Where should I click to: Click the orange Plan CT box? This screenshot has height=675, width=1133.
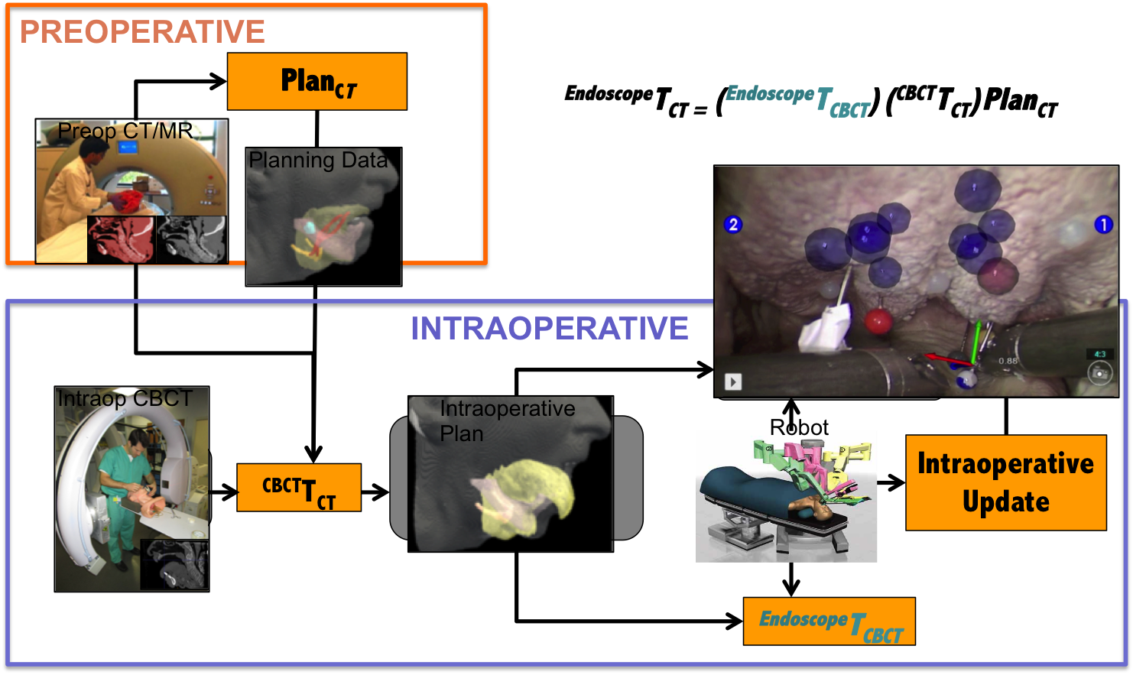317,81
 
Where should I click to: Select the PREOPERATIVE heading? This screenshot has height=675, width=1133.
142,32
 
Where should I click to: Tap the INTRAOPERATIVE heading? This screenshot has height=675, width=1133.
549,329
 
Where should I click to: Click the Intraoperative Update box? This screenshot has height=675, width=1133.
1005,482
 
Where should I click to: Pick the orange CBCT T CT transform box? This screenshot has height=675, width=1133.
299,488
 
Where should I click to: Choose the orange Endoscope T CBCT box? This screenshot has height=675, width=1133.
829,621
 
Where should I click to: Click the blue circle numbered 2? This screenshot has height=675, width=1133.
732,225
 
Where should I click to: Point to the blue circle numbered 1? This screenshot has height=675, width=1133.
1102,225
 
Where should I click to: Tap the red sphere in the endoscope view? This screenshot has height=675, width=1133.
878,321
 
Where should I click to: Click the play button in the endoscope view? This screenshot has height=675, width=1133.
733,381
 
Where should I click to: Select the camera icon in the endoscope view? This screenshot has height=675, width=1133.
1099,373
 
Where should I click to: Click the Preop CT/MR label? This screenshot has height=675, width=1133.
125,131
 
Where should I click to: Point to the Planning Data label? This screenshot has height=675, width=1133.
318,161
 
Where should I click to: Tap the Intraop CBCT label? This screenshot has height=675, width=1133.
125,399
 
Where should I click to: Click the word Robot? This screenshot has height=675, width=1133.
799,427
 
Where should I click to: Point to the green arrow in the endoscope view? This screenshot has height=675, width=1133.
975,341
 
